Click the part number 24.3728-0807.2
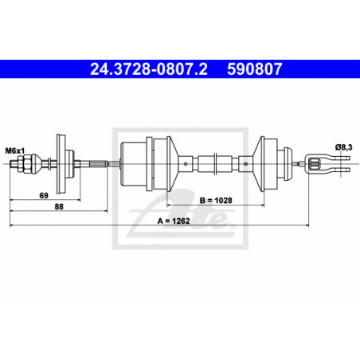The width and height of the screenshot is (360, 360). [149, 69]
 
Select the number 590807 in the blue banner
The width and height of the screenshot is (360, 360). [254, 69]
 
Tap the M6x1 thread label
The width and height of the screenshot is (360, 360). [14, 151]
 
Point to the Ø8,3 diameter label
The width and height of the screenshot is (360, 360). [343, 147]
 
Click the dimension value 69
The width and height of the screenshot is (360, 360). [44, 196]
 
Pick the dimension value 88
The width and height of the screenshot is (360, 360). [59, 206]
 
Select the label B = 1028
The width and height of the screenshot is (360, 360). [216, 201]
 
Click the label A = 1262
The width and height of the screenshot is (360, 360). [174, 221]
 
